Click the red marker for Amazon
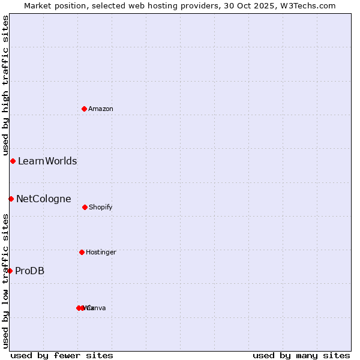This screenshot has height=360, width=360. [85, 109]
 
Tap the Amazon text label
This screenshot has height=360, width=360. [100, 109]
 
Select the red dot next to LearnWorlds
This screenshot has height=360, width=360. [13, 161]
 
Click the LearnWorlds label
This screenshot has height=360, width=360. [47, 161]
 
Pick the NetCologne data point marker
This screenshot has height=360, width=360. [11, 199]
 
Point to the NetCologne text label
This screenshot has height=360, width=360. [43, 199]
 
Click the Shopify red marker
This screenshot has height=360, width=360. [85, 207]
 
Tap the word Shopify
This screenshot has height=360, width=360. [100, 208]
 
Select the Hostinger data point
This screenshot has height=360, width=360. [82, 252]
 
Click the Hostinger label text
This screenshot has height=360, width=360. [101, 253]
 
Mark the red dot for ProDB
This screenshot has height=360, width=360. [10, 271]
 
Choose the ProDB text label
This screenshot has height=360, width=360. [29, 271]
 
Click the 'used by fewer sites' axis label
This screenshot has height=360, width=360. [62, 355]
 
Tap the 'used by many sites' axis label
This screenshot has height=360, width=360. [301, 355]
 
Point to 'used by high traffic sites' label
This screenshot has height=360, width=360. [5, 85]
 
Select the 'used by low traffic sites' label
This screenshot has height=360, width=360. [5, 281]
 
